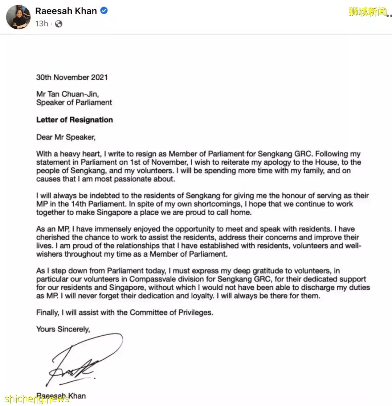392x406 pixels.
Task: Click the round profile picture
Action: [18, 17]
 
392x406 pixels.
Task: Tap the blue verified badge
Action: [104, 11]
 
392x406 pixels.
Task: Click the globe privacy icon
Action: [59, 24]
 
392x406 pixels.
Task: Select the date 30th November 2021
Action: [72, 77]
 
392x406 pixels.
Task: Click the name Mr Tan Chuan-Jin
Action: [68, 94]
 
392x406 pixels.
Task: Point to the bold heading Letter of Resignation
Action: [74, 120]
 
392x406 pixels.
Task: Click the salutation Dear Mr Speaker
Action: [65, 137]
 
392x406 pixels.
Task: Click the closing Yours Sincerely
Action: [63, 329]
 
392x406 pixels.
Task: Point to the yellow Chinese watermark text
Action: [367, 12]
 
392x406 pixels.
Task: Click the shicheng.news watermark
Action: [35, 399]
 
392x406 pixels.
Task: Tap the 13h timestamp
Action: [41, 24]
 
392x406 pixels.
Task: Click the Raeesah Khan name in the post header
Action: [66, 11]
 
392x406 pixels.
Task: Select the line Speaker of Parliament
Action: [74, 103]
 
